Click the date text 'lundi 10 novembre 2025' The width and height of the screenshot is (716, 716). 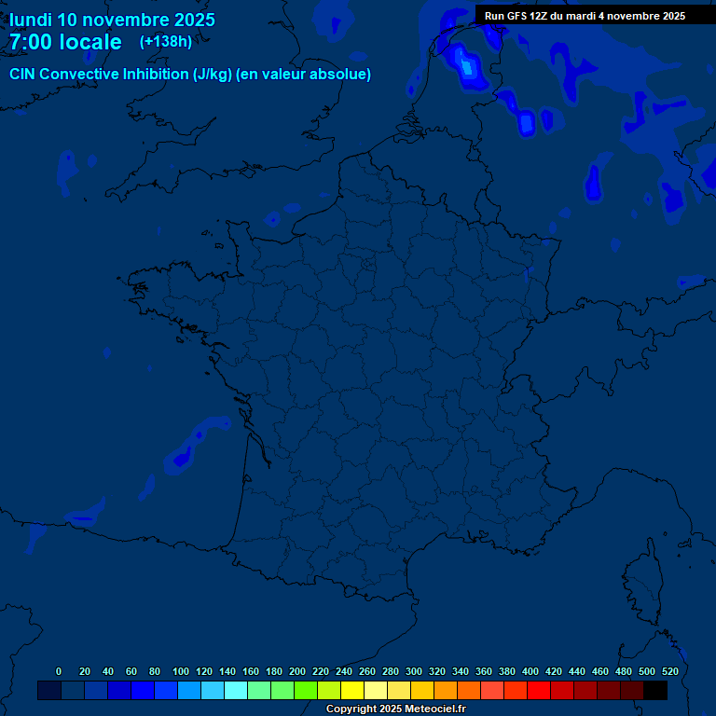pos(112,20)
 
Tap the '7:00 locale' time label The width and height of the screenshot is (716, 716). pos(65,42)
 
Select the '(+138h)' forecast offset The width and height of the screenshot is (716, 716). pos(166,42)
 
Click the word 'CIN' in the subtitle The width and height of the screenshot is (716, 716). pos(22,75)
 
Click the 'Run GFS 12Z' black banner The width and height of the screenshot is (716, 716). pos(585,16)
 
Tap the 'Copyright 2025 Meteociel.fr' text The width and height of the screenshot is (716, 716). pos(395,709)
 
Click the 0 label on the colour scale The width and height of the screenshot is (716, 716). pos(59,671)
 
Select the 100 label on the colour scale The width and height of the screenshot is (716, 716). pos(181,671)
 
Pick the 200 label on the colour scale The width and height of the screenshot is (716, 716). pos(297,671)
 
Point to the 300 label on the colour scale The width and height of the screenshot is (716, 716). pos(414,671)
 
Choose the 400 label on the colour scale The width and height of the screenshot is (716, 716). pos(530,671)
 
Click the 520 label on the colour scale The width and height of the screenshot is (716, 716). pos(670,671)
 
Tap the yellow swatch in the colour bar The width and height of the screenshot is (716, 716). pos(352,690)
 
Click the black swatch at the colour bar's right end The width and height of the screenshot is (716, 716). pos(655,690)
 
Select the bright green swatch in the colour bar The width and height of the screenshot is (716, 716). pos(306,690)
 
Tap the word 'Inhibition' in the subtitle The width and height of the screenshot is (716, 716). pos(156,75)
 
